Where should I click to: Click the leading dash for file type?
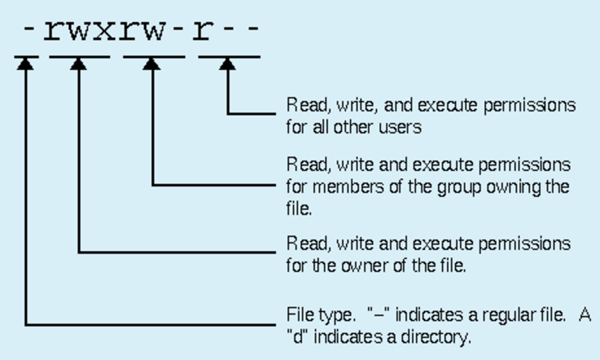(x=27, y=31)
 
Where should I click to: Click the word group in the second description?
(x=462, y=188)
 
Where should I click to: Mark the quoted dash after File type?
(x=378, y=315)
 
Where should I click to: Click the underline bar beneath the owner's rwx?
(x=79, y=56)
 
